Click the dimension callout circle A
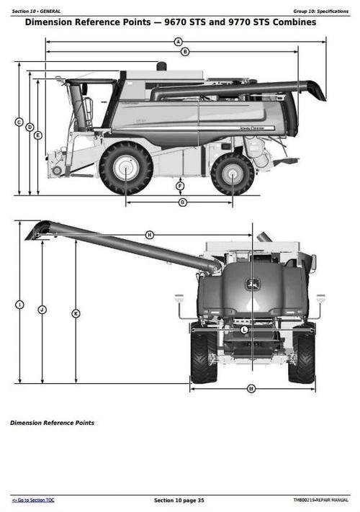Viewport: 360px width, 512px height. coord(178,42)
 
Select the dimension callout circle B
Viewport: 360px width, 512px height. coord(185,52)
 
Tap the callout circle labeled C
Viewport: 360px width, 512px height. coord(19,122)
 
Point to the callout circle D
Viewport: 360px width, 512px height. coord(30,127)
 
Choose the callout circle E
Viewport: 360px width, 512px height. coord(38,135)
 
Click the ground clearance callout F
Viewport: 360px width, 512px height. coord(180,187)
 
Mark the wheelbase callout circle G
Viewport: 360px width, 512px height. coord(182,202)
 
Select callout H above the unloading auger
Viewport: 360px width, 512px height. coord(150,235)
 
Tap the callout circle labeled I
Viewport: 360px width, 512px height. coord(19,305)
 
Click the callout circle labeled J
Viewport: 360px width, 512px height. coord(42,309)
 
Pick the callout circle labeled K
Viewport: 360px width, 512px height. coord(76,313)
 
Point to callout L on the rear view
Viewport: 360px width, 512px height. coord(244,329)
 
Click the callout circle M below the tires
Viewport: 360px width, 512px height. coord(251,389)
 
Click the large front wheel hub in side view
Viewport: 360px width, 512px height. coord(126,169)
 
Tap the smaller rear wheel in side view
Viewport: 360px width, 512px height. coord(232,174)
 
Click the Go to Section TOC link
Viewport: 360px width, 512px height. coord(33,500)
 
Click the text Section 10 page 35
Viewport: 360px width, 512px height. coord(179,500)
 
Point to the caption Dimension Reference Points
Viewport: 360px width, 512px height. coord(52,423)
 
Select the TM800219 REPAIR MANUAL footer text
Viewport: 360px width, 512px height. coord(321,500)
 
